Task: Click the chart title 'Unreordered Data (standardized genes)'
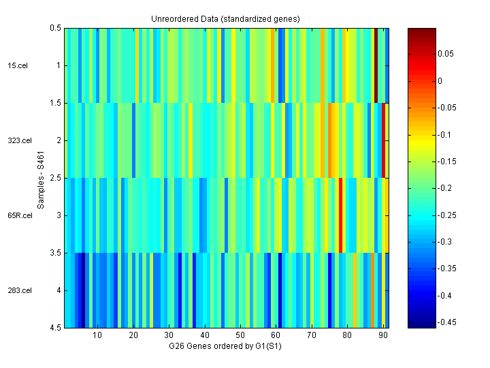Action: pyautogui.click(x=225, y=18)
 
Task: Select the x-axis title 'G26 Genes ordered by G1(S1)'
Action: pyautogui.click(x=225, y=347)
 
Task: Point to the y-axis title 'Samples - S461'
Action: pyautogui.click(x=41, y=180)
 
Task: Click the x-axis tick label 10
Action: pyautogui.click(x=97, y=335)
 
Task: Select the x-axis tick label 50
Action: pyautogui.click(x=240, y=335)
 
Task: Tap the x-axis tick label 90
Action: pyautogui.click(x=383, y=335)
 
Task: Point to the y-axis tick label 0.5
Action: pyautogui.click(x=54, y=28)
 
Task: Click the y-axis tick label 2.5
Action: pyautogui.click(x=54, y=178)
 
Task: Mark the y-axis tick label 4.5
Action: pyautogui.click(x=54, y=328)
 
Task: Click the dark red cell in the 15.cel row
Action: pyautogui.click(x=376, y=65)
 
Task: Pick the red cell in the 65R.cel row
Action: pyautogui.click(x=340, y=215)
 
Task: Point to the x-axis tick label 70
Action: pyautogui.click(x=312, y=335)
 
